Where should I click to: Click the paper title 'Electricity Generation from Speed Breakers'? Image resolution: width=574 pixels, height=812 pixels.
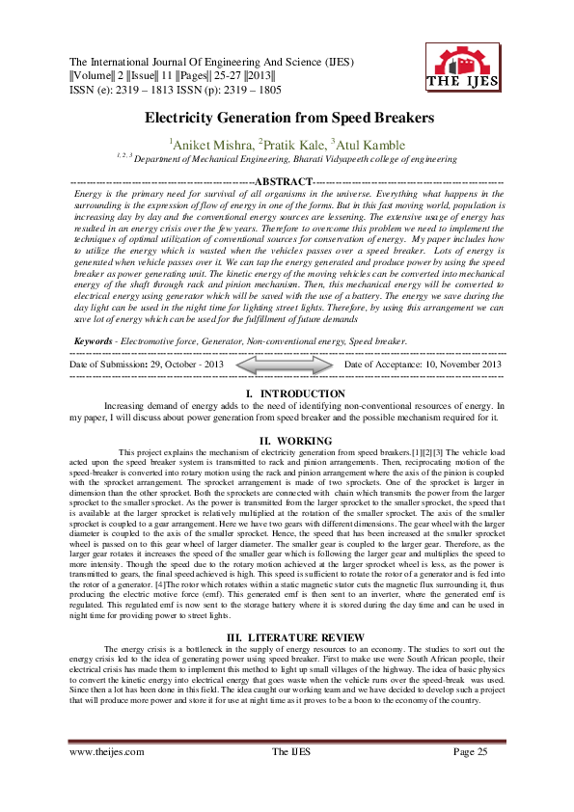tap(287, 118)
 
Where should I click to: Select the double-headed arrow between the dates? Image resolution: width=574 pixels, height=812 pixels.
tap(287, 364)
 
